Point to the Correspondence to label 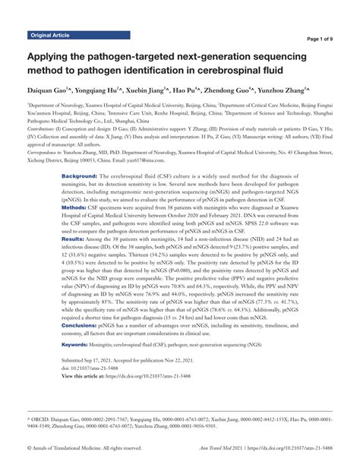[51, 172]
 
